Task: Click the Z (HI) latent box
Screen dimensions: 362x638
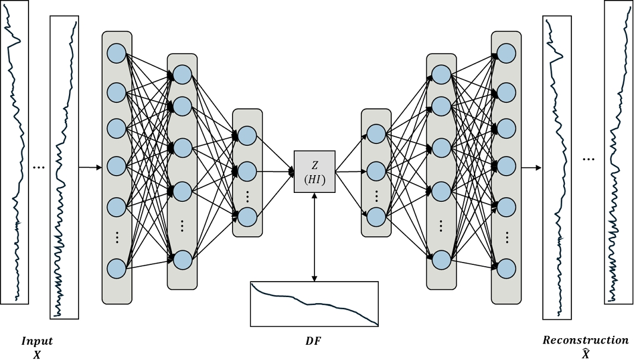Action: [x=315, y=171]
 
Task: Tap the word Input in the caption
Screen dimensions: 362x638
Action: [x=37, y=341]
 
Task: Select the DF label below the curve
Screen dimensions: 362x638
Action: [x=313, y=341]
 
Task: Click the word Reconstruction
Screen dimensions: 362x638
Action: [x=585, y=341]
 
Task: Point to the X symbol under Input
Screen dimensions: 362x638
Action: [x=37, y=354]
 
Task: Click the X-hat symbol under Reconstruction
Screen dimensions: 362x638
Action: [x=586, y=354]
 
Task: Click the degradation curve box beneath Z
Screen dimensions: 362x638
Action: [x=314, y=304]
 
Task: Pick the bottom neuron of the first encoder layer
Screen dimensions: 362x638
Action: [x=117, y=269]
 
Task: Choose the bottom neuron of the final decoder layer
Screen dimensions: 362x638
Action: [x=506, y=269]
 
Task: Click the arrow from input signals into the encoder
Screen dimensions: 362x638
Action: [x=90, y=168]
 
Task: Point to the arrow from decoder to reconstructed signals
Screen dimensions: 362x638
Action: [x=532, y=168]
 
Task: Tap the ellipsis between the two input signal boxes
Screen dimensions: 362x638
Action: [x=39, y=168]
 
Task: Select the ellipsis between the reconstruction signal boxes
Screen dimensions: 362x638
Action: [x=588, y=160]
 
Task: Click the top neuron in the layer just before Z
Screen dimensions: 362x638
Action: [x=247, y=136]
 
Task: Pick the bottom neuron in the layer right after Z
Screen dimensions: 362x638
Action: [x=376, y=216]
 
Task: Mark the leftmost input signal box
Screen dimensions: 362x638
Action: [x=14, y=152]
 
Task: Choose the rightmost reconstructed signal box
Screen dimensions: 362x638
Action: [x=618, y=152]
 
